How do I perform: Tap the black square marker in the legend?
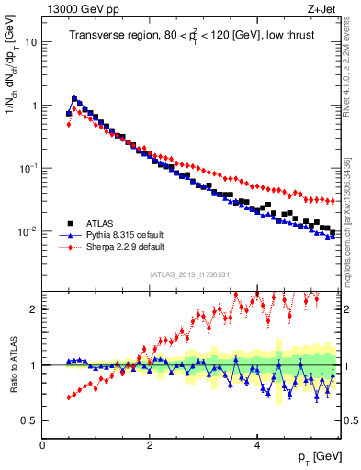(x=70, y=221)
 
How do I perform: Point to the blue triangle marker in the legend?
(x=70, y=234)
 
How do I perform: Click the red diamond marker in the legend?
(x=70, y=247)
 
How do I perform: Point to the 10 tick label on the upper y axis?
(x=30, y=42)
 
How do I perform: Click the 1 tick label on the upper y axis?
(x=34, y=106)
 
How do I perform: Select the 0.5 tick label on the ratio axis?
(x=29, y=420)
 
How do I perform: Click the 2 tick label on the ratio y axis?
(x=34, y=309)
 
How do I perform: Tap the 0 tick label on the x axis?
(x=43, y=444)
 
